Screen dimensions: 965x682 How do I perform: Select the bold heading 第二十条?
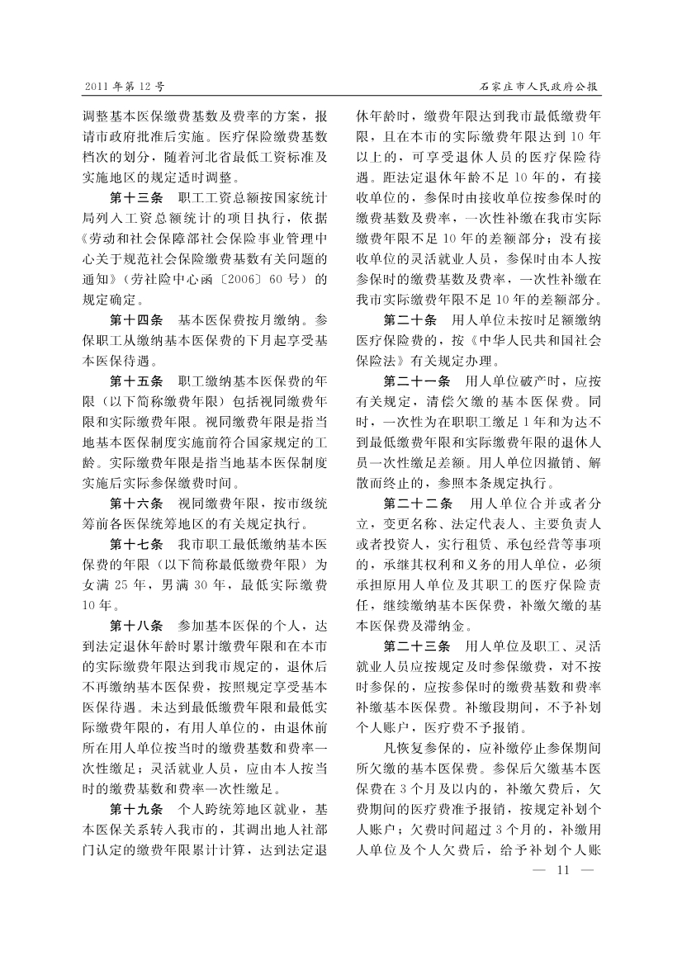pyautogui.click(x=410, y=320)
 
